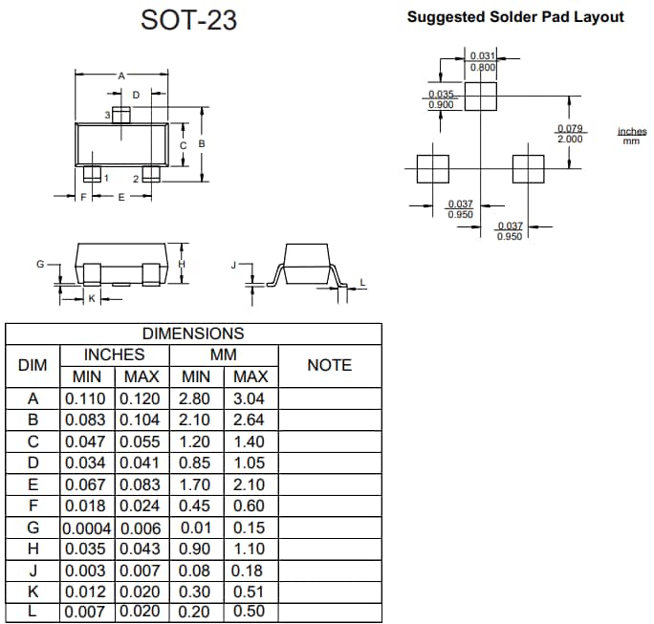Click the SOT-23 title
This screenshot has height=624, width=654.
tap(189, 19)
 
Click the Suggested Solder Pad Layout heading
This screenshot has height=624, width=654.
tap(515, 16)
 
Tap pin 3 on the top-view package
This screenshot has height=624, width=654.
tap(120, 115)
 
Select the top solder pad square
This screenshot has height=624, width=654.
tap(482, 96)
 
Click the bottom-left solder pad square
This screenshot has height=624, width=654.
tap(432, 169)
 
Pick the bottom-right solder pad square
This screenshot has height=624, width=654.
tap(528, 169)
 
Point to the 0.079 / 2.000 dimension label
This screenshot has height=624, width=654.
tap(571, 134)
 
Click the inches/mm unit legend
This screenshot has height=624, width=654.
tap(631, 136)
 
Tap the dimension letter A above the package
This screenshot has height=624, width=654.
tap(120, 75)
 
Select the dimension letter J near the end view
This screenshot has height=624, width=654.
tap(233, 263)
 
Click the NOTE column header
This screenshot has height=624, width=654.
tap(329, 365)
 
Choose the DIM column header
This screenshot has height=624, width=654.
tap(33, 365)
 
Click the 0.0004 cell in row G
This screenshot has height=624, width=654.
tap(87, 527)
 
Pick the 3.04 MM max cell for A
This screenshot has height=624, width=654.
tap(250, 398)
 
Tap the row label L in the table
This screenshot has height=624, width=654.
tap(33, 611)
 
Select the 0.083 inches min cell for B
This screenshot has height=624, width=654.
tap(87, 420)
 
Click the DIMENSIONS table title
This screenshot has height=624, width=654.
tap(192, 334)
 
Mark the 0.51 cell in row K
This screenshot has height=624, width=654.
tap(250, 591)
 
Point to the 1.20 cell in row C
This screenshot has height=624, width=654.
tap(195, 441)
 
